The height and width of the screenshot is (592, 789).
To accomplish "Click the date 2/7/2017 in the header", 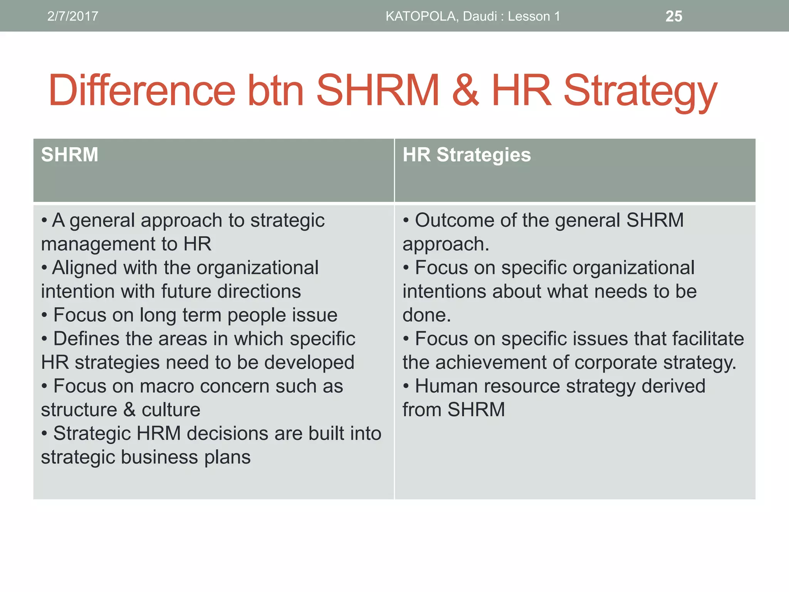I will pyautogui.click(x=72, y=16).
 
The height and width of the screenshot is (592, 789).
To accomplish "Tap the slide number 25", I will pyautogui.click(x=674, y=16).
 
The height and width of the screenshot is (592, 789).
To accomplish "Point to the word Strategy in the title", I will pyautogui.click(x=640, y=92).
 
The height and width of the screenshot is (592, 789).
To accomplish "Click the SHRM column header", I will pyautogui.click(x=70, y=155).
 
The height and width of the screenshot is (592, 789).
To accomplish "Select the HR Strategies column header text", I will pyautogui.click(x=467, y=155).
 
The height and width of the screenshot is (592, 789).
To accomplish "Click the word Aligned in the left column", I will pyautogui.click(x=84, y=267).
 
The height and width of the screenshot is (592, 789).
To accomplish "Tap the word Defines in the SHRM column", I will pyautogui.click(x=86, y=339).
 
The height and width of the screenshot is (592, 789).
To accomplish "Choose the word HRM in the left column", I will pyautogui.click(x=158, y=434).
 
